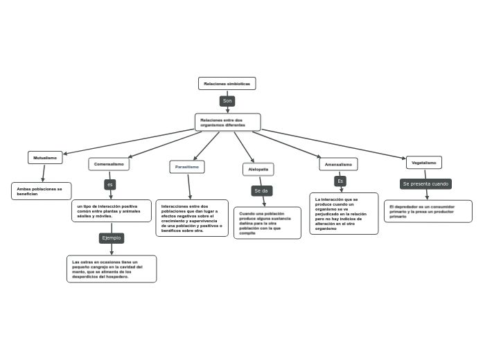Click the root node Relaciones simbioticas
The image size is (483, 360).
pyautogui.click(x=227, y=84)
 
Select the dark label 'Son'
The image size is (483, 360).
pyautogui.click(x=227, y=101)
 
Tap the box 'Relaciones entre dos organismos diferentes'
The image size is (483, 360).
pyautogui.click(x=227, y=122)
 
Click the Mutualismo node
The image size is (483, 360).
pyautogui.click(x=45, y=158)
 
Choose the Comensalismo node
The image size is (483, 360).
pyautogui.click(x=109, y=164)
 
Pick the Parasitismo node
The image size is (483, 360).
pyautogui.click(x=187, y=167)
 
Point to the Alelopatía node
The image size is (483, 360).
pyautogui.click(x=258, y=169)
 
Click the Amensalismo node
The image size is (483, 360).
pyautogui.click(x=338, y=164)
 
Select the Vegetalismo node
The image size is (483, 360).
pyautogui.click(x=423, y=163)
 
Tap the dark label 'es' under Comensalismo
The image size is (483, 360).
pyautogui.click(x=110, y=185)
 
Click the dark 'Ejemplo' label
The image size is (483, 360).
pyautogui.click(x=112, y=237)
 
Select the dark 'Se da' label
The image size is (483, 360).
pyautogui.click(x=261, y=190)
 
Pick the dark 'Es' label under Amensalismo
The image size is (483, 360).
pyautogui.click(x=340, y=181)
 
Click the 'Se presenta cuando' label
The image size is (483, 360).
pyautogui.click(x=425, y=184)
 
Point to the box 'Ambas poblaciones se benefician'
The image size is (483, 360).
pyautogui.click(x=41, y=191)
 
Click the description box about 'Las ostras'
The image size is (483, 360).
pyautogui.click(x=111, y=269)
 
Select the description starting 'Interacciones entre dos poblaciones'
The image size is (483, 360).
pyautogui.click(x=191, y=218)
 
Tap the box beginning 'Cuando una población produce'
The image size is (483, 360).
pyautogui.click(x=267, y=223)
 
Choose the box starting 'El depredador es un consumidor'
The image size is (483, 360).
pyautogui.click(x=428, y=211)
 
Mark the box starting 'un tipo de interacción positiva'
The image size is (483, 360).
pyautogui.click(x=111, y=210)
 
